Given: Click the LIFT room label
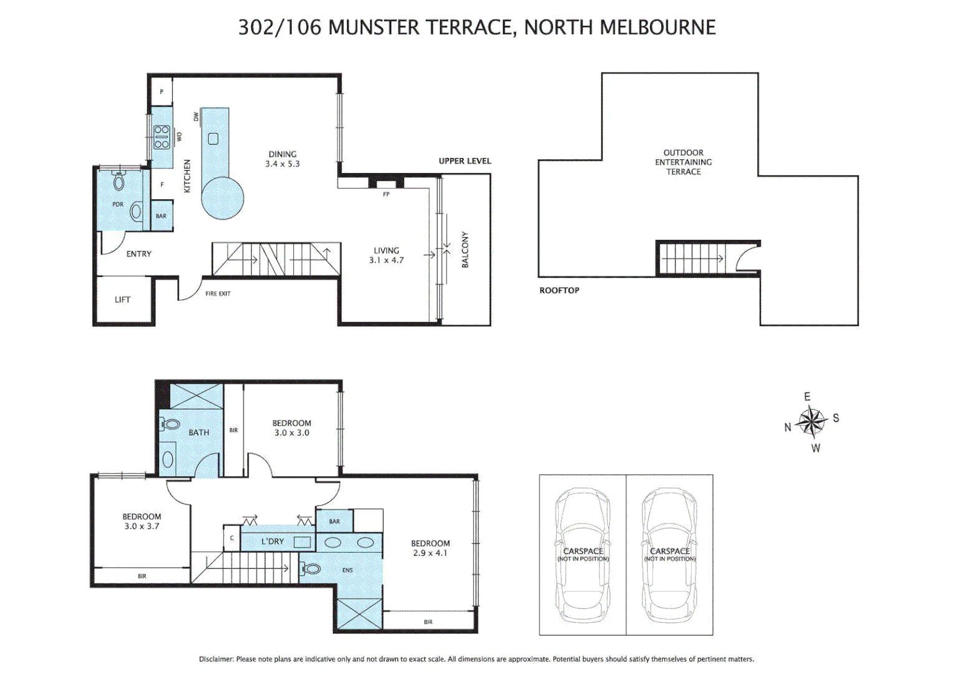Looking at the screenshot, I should (x=122, y=300).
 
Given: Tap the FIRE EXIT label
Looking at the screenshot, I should (x=218, y=293).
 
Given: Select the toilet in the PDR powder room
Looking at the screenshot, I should (x=119, y=181).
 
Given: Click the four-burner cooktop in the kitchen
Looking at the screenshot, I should (x=162, y=137).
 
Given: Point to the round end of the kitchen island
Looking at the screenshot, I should (x=222, y=198).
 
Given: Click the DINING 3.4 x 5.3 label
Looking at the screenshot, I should (x=283, y=159).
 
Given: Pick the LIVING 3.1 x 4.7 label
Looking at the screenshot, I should (x=386, y=255).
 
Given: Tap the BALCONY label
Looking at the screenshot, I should (x=465, y=250).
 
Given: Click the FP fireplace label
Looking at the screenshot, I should (x=386, y=194).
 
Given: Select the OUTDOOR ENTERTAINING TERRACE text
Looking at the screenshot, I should (x=683, y=162).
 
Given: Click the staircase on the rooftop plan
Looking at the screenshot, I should (x=692, y=258).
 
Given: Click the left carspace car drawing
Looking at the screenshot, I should (x=583, y=555).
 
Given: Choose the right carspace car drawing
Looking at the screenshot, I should (x=669, y=555).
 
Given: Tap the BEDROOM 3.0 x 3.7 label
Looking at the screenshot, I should (x=142, y=521).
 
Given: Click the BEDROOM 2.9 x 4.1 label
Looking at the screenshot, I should (x=430, y=548).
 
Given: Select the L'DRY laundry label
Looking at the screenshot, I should (x=273, y=541).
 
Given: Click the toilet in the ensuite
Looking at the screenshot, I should (x=311, y=569).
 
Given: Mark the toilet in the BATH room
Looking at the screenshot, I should (x=170, y=424).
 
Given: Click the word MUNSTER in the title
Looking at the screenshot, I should (x=374, y=27).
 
